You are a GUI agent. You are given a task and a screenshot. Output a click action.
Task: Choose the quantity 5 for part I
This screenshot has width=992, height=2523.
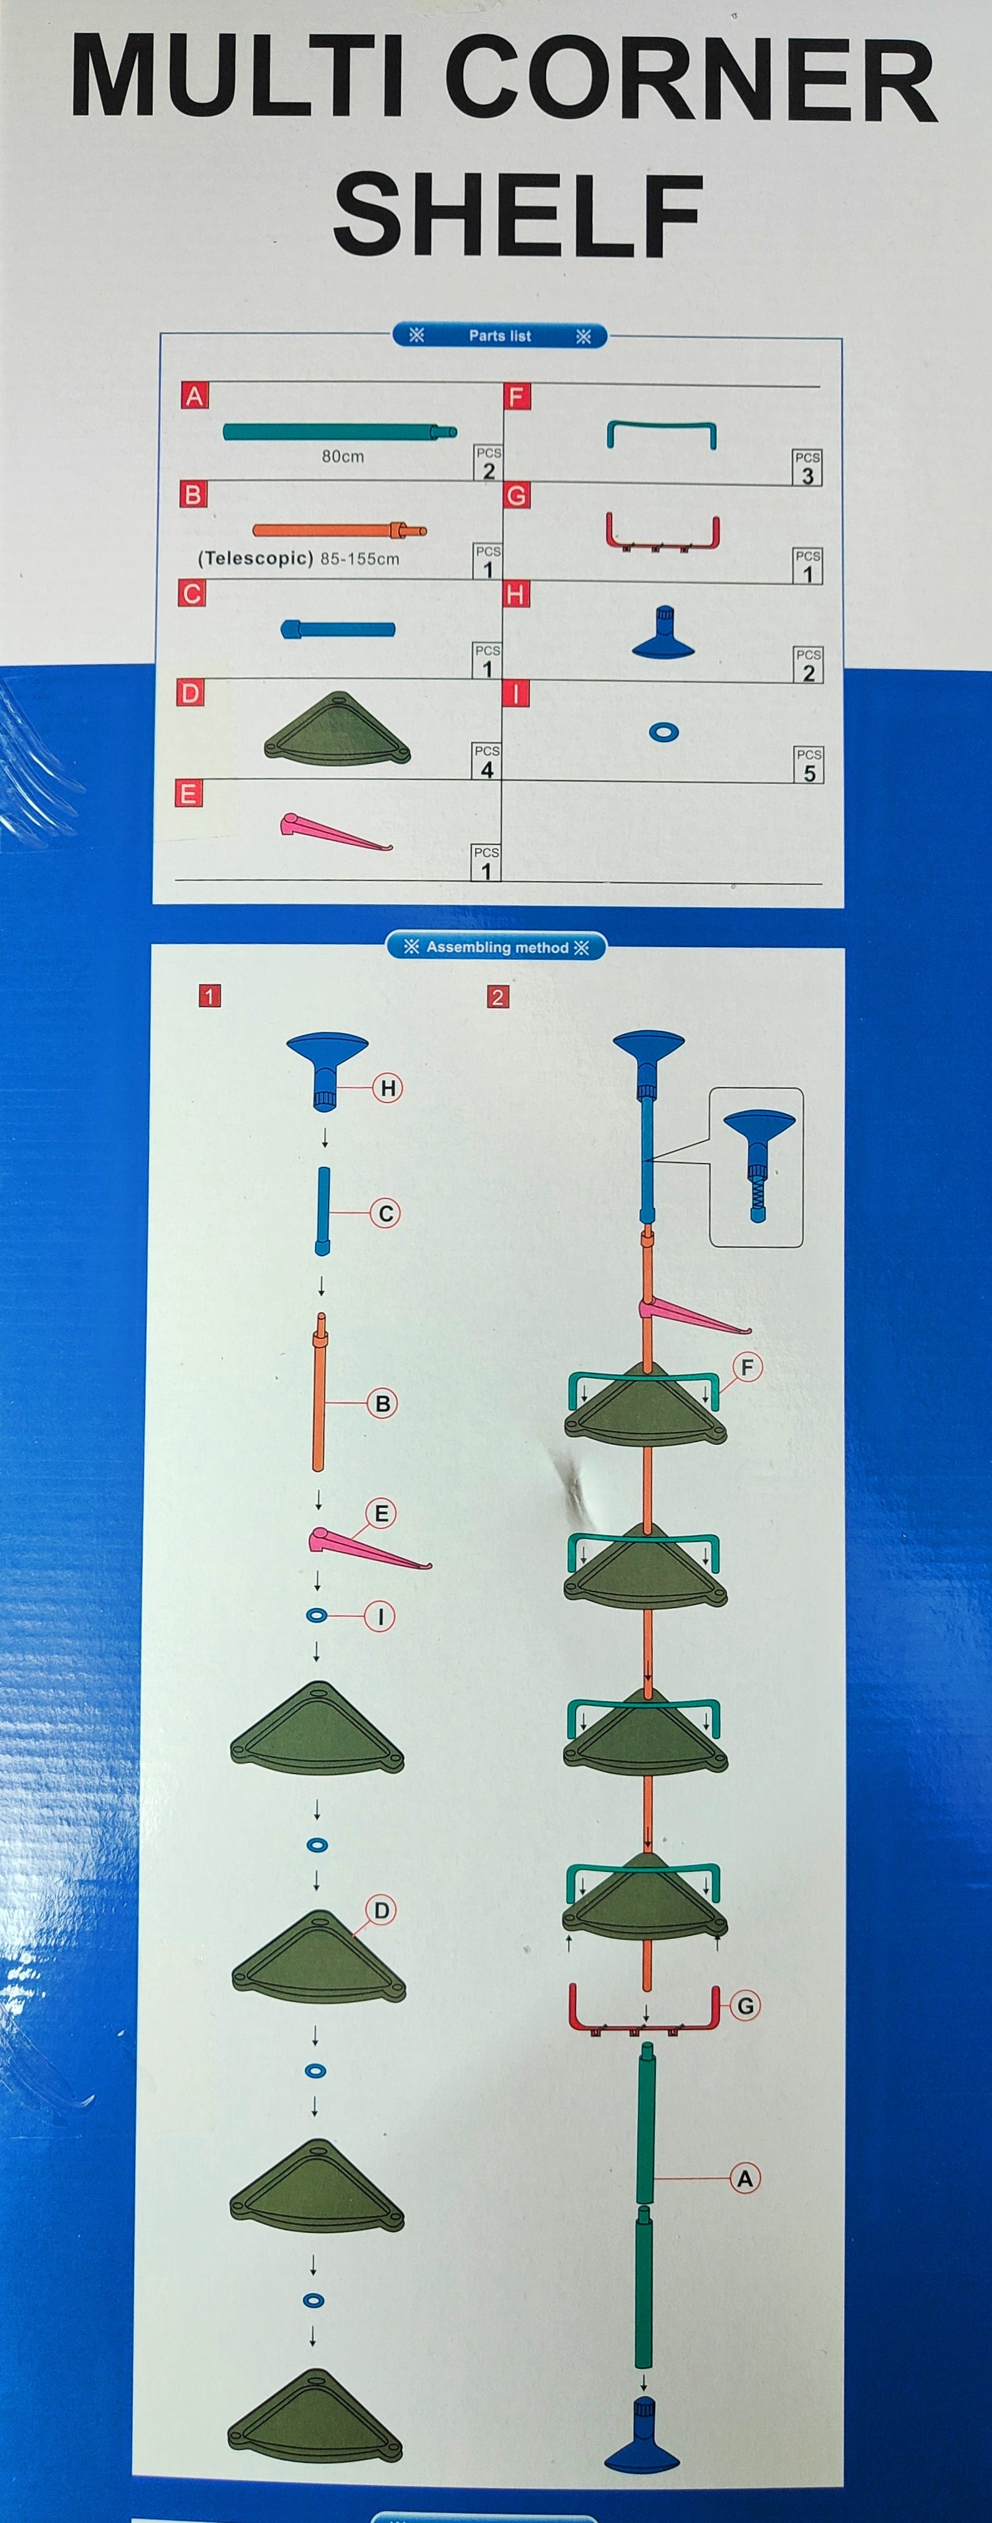(809, 773)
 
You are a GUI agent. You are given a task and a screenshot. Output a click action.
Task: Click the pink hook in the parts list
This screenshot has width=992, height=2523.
(336, 831)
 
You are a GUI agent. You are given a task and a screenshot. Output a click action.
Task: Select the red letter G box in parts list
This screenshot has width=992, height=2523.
(517, 496)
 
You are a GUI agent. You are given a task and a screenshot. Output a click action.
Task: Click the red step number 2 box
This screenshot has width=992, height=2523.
(498, 997)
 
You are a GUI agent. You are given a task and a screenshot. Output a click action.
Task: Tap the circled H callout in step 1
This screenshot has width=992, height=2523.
(388, 1088)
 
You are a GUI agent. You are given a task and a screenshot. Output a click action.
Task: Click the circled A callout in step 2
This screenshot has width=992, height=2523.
(745, 2178)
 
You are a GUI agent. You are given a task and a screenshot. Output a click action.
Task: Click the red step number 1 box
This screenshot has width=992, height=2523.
(209, 996)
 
